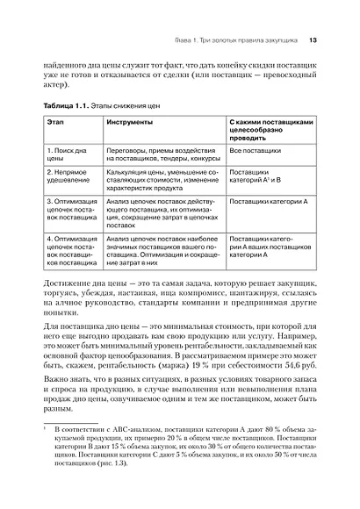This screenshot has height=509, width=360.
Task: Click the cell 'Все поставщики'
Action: [x=256, y=151]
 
